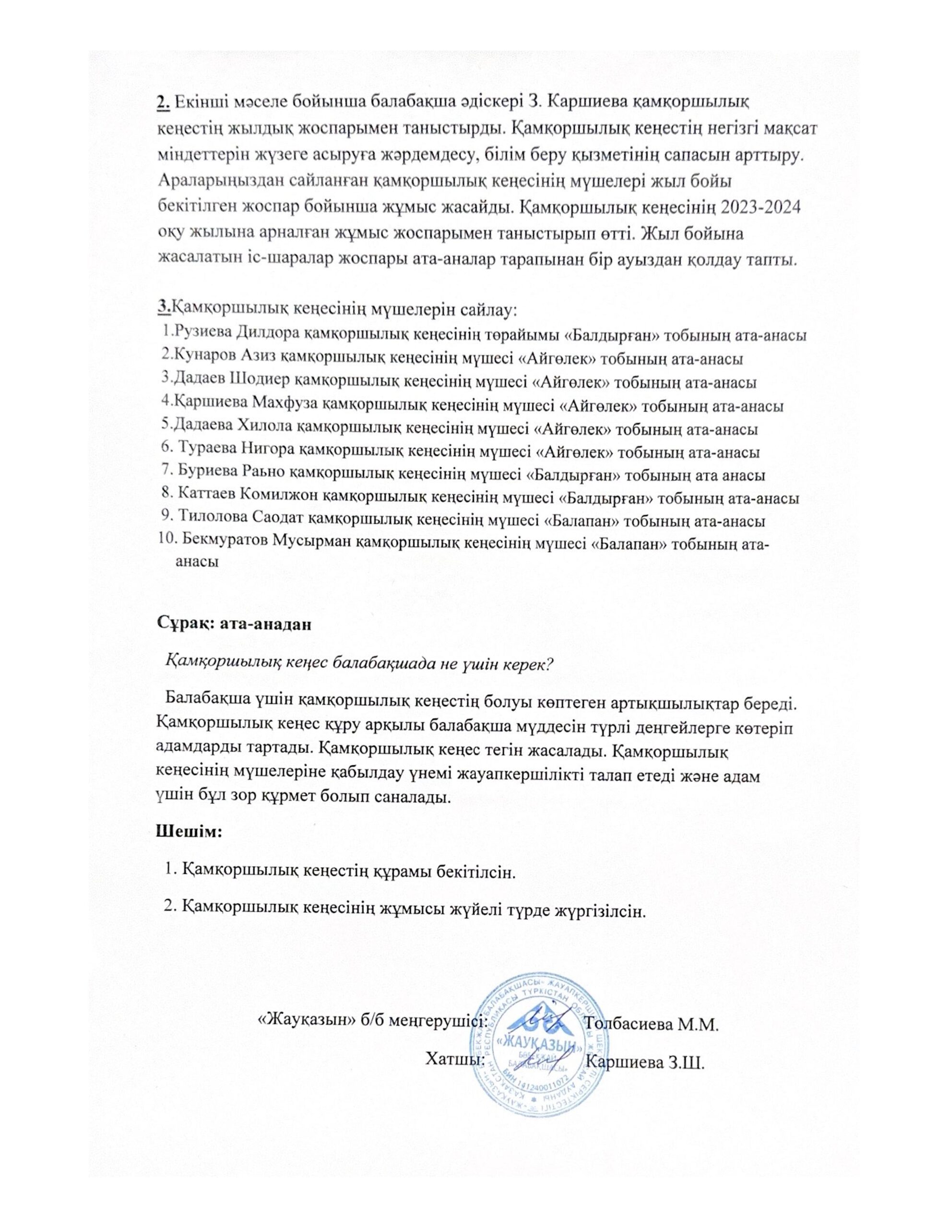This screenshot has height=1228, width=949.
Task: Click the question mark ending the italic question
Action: pos(550,663)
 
